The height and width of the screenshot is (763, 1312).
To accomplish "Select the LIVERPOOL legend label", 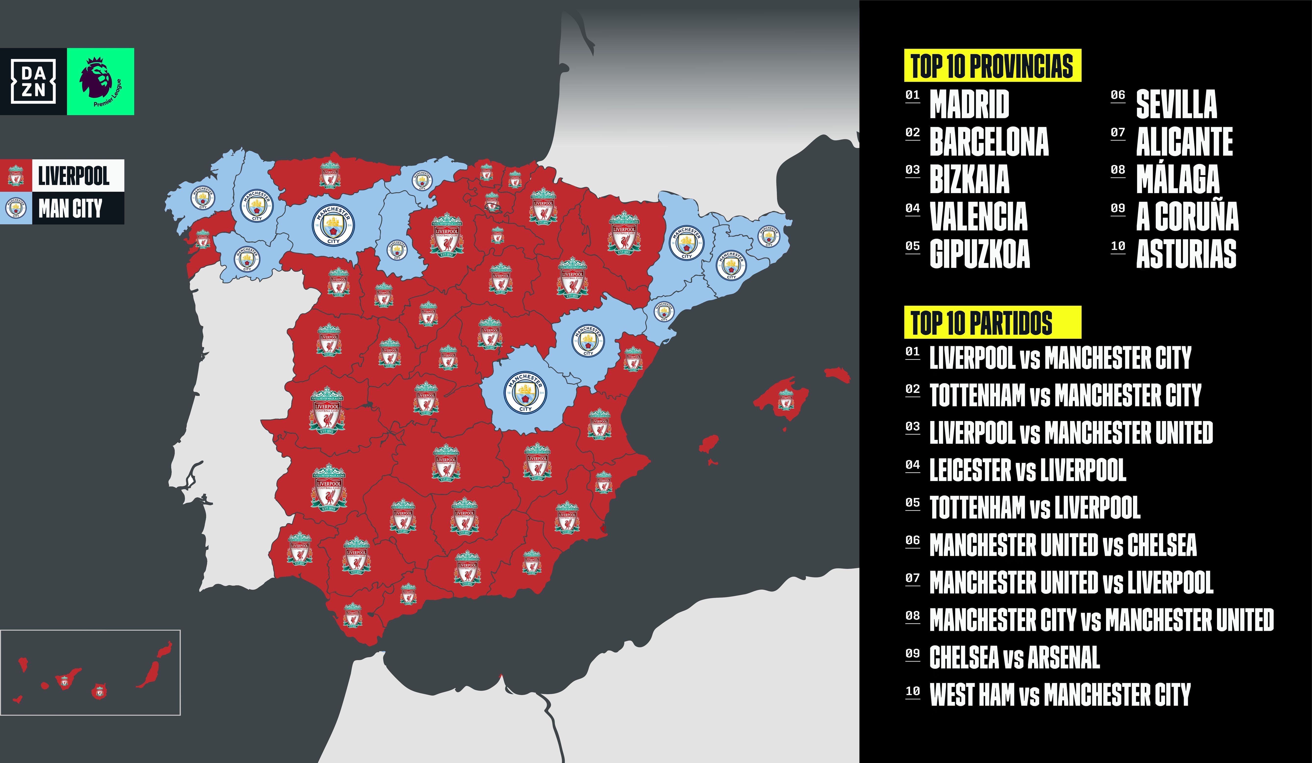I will click(73, 176).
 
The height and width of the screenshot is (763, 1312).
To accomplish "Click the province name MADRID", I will click(969, 104).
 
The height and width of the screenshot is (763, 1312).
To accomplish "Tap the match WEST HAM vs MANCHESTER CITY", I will click(1060, 695).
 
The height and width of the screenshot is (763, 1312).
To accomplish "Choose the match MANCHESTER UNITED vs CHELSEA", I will click(1063, 545).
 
